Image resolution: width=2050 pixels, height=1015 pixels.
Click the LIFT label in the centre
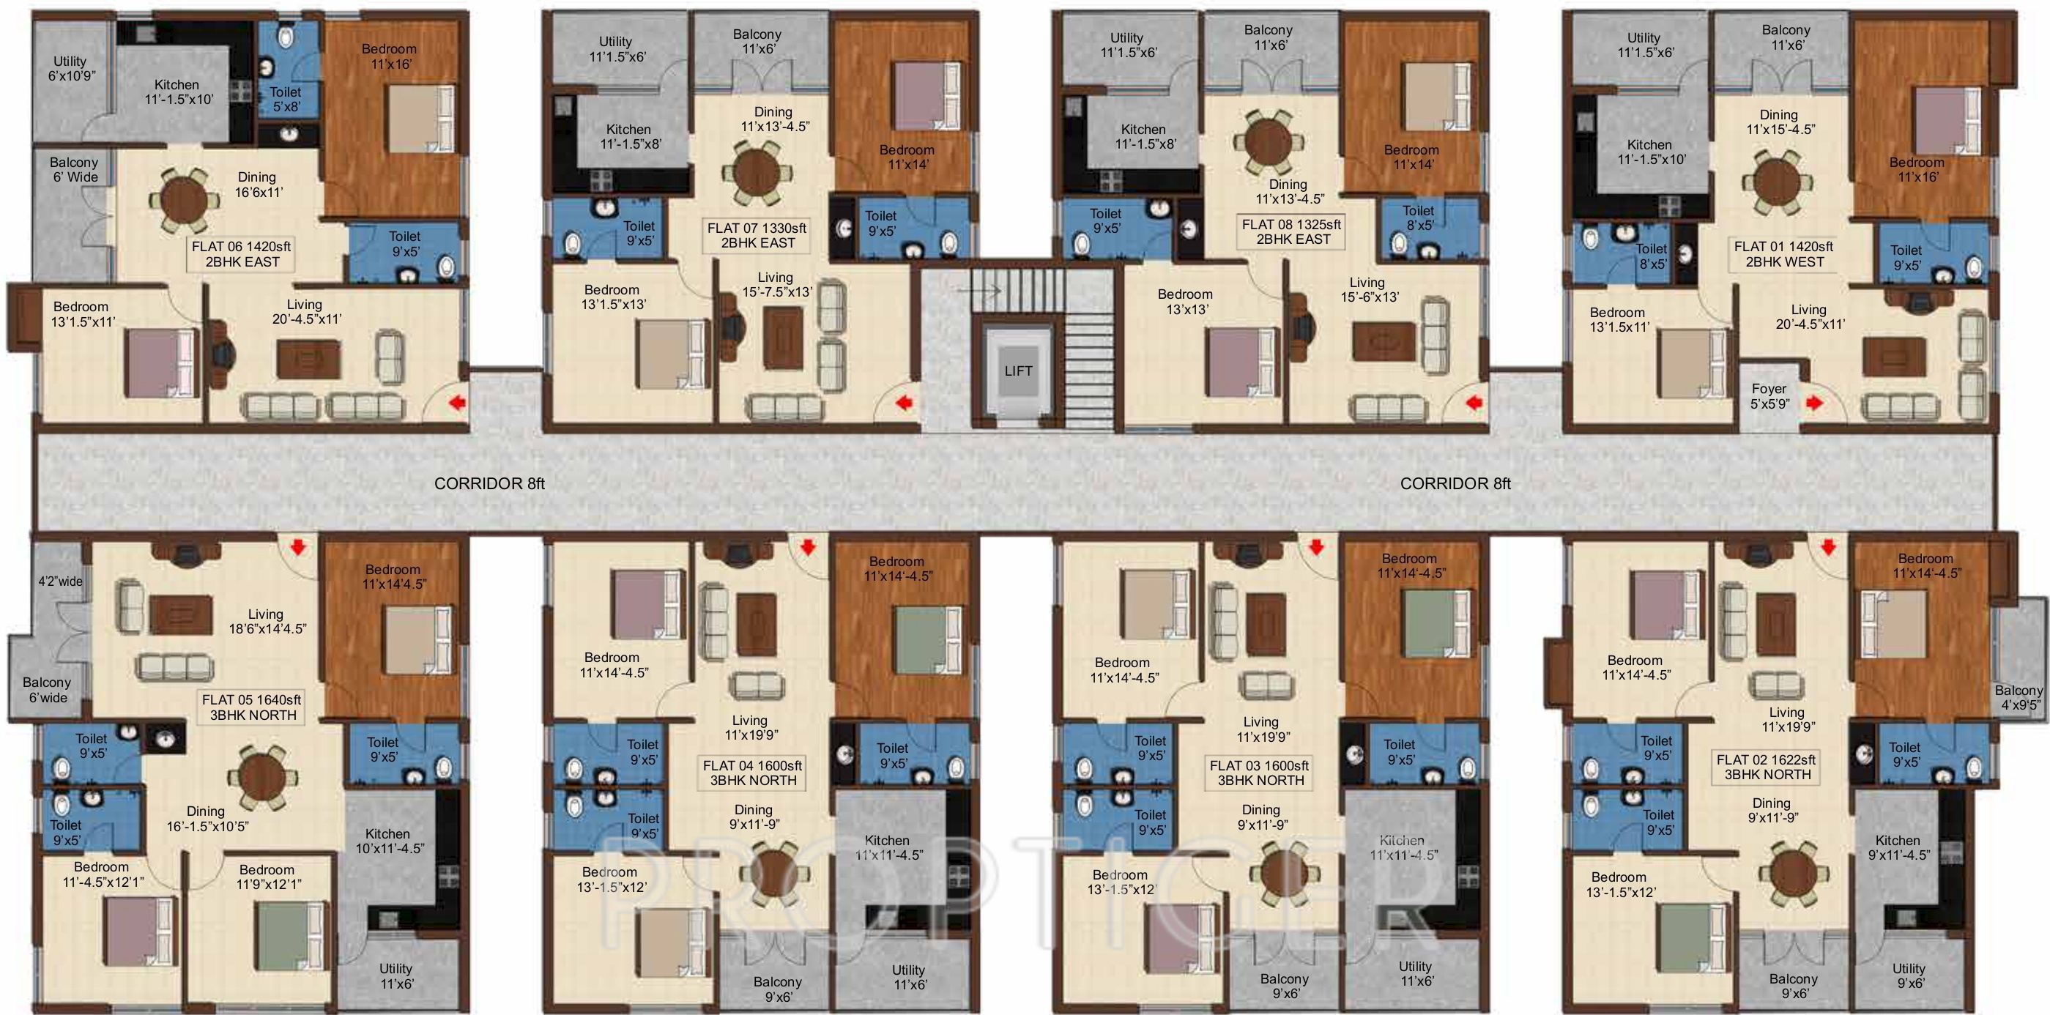(1018, 371)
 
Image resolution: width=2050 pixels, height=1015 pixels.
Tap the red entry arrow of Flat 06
(457, 404)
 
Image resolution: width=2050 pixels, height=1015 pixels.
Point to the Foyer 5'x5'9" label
(1769, 396)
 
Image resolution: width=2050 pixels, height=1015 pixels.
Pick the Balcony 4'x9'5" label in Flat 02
(2019, 698)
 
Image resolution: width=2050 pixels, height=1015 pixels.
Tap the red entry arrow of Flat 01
(1814, 404)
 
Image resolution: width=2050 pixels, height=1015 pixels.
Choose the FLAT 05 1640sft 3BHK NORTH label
(251, 707)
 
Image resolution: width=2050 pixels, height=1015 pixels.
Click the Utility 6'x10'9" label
(71, 68)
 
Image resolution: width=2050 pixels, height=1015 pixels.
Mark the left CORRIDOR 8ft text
(489, 483)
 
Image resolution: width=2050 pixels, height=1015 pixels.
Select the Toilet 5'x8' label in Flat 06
(286, 99)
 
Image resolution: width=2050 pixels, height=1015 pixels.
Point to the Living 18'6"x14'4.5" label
(267, 621)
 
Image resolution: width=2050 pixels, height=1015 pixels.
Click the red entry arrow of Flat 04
(808, 547)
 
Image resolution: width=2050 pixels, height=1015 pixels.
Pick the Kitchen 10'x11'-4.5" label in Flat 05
(389, 841)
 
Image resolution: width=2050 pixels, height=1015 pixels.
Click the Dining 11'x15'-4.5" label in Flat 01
(1780, 122)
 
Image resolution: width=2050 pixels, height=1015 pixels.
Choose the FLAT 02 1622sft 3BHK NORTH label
(1767, 767)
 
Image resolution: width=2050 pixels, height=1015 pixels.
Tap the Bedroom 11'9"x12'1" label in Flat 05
(268, 877)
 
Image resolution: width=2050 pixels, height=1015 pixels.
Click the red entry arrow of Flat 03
(1316, 547)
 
